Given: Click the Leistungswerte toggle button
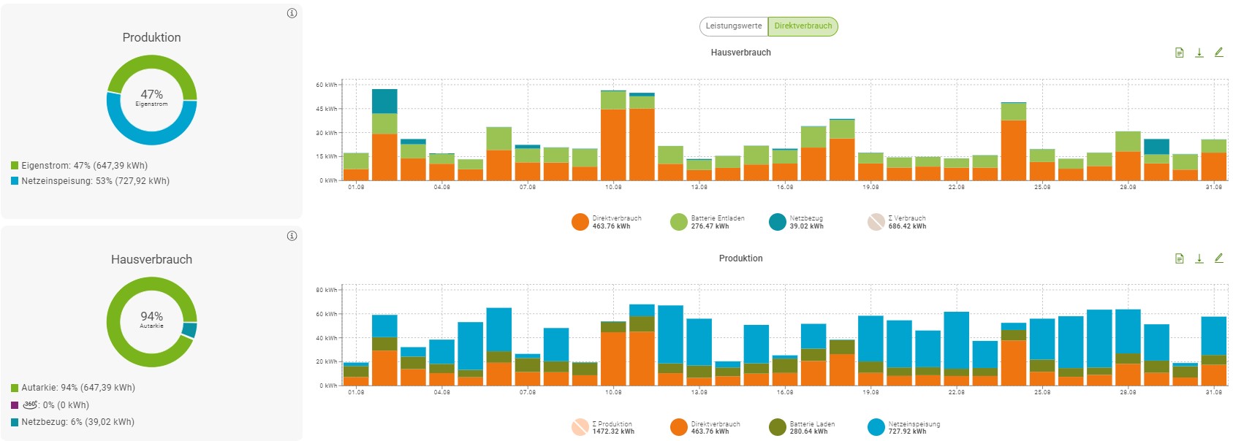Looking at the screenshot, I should click(734, 26).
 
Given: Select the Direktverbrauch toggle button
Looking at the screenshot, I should click(803, 26).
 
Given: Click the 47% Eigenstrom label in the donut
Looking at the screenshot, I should click(151, 98).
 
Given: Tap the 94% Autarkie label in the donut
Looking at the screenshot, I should click(151, 320).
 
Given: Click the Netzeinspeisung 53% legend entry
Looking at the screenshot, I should click(90, 181).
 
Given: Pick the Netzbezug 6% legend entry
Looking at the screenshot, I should click(72, 422).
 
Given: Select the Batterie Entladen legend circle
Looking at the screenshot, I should click(679, 222).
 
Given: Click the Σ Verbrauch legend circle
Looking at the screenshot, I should click(876, 222).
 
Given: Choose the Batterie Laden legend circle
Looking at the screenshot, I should click(778, 427).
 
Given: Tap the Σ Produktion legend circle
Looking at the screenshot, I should click(580, 427).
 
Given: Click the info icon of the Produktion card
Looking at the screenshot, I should click(292, 13).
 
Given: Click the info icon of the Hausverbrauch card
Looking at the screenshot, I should click(292, 236).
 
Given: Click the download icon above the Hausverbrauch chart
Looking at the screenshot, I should click(1199, 53).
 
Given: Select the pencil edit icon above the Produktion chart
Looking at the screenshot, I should click(1218, 258).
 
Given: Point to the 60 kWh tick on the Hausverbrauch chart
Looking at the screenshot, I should click(326, 85).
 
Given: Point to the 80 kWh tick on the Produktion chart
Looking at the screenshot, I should click(326, 290).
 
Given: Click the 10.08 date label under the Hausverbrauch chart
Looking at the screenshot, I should click(613, 188).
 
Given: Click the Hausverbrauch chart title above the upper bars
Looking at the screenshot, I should click(740, 53).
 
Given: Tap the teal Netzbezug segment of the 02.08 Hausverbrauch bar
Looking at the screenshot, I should click(384, 101).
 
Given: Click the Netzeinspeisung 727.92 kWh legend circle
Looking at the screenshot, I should click(876, 427).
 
